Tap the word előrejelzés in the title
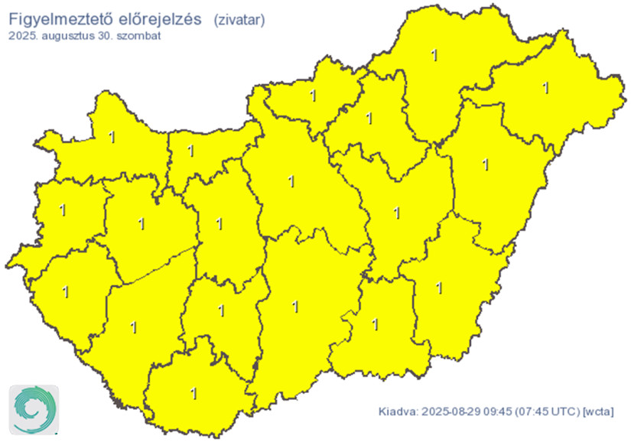pyautogui.click(x=161, y=20)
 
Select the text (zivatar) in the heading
pyautogui.click(x=239, y=21)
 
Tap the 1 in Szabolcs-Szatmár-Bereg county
pyautogui.click(x=545, y=87)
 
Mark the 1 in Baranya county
pyautogui.click(x=194, y=393)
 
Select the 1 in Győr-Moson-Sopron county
pyautogui.click(x=112, y=137)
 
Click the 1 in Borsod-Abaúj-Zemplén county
pyautogui.click(x=435, y=55)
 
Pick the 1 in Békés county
pyautogui.click(x=438, y=288)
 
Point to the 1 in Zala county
pyautogui.click(x=65, y=291)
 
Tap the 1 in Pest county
pyautogui.click(x=291, y=181)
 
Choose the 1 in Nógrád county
pyautogui.click(x=312, y=96)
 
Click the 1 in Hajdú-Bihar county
pyautogui.click(x=486, y=164)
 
